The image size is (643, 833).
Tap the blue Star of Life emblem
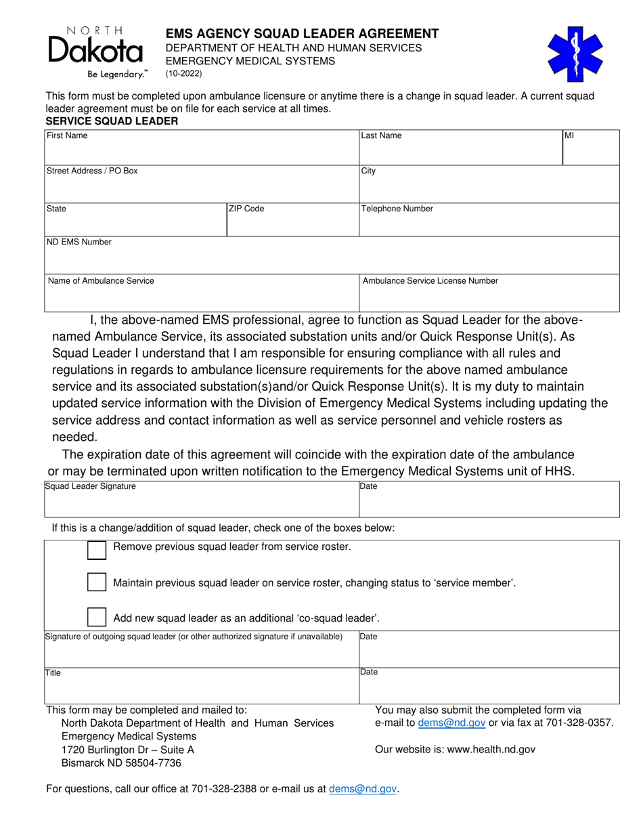[x=575, y=54]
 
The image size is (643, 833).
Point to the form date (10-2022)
[x=183, y=74]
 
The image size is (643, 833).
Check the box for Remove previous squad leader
[x=97, y=550]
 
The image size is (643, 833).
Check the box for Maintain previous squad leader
[x=97, y=582]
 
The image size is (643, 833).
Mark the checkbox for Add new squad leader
[x=97, y=617]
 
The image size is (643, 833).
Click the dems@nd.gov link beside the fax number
[x=451, y=723]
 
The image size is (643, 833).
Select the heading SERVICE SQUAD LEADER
[x=112, y=121]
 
